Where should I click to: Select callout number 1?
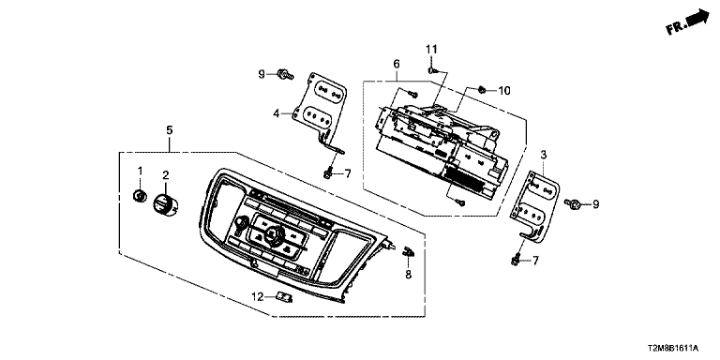pyautogui.click(x=141, y=171)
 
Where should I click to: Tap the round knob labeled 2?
pyautogui.click(x=165, y=203)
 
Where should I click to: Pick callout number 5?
pyautogui.click(x=170, y=130)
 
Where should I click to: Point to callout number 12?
pyautogui.click(x=257, y=297)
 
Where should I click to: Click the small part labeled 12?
pyautogui.click(x=284, y=298)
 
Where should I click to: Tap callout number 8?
pyautogui.click(x=408, y=275)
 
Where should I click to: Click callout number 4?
pyautogui.click(x=277, y=112)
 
